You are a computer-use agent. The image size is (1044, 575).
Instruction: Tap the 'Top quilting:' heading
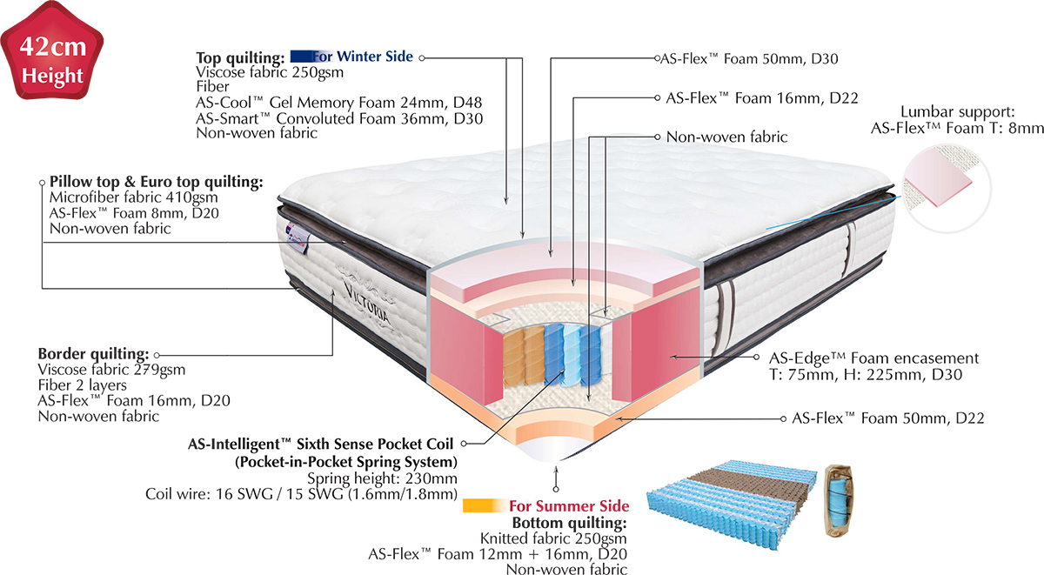point(241,58)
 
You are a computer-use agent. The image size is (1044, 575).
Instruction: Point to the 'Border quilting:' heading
point(93,355)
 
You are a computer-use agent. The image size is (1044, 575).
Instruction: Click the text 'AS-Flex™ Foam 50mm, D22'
point(887,418)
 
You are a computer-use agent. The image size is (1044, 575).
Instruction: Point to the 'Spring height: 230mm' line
point(383,478)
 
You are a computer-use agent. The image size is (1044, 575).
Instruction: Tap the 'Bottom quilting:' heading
point(569,523)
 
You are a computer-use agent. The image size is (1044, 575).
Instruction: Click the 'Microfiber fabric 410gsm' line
point(124,197)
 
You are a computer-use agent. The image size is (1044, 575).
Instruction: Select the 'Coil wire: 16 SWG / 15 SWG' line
point(301,494)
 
